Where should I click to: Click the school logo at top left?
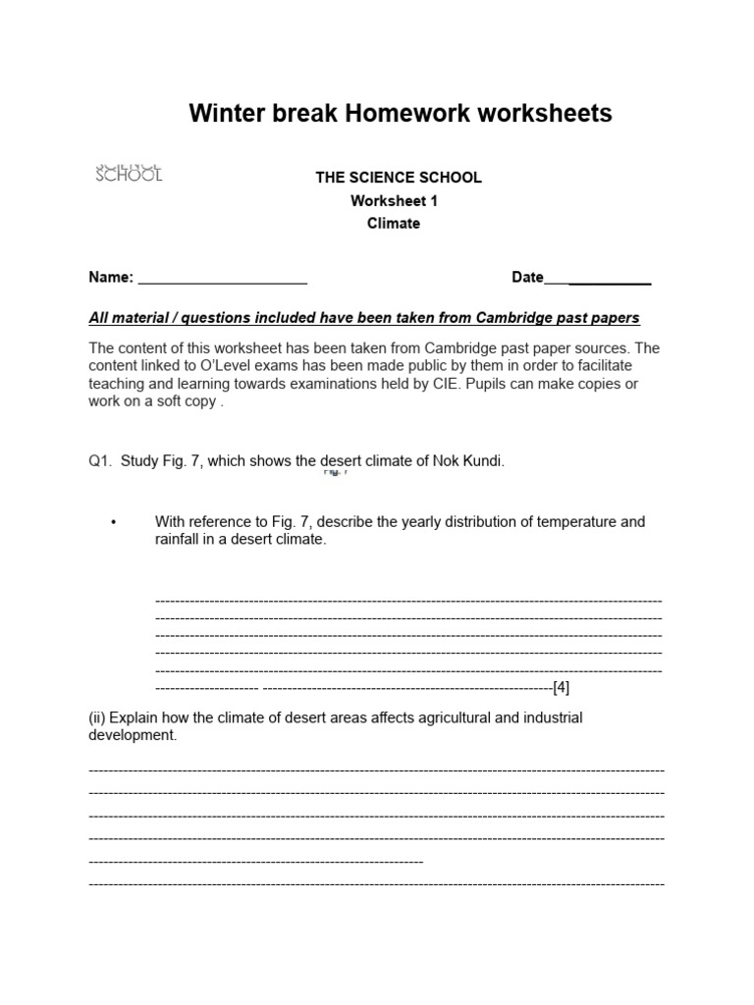pos(129,173)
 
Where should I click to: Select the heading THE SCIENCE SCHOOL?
pos(398,178)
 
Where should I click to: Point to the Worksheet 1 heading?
pos(395,200)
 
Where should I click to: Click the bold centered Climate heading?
pos(393,223)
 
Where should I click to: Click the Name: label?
pos(111,278)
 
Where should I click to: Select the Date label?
pos(527,278)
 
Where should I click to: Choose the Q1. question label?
pos(101,461)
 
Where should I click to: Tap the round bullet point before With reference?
pos(115,523)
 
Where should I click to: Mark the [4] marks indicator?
pos(561,686)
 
